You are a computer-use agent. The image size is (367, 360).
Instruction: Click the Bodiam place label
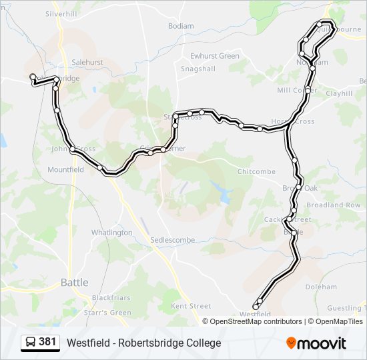181,26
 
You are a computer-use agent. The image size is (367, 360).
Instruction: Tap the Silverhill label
62,13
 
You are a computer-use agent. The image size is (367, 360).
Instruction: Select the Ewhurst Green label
214,56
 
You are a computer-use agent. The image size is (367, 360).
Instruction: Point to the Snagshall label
198,68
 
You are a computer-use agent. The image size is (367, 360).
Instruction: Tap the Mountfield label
65,170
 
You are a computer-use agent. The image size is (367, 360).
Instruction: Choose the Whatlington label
111,233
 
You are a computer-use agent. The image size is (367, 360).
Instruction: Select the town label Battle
74,282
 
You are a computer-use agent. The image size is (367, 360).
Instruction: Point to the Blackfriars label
111,297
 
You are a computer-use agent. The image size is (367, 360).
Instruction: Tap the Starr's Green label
107,312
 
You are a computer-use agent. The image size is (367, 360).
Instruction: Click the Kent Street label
191,306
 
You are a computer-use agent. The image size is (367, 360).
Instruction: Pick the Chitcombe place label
256,171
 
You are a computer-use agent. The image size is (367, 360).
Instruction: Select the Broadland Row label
334,205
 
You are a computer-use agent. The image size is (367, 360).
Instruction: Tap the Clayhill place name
339,94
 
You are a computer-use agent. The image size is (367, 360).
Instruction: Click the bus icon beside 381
30,343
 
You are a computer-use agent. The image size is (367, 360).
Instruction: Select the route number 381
47,342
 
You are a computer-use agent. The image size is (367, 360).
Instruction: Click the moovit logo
316,343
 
